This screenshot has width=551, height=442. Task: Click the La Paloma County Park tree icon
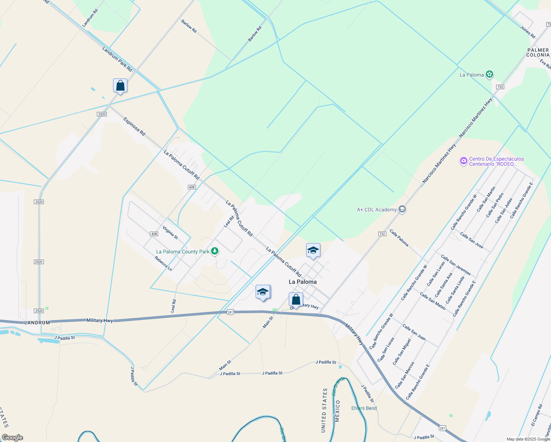(215, 252)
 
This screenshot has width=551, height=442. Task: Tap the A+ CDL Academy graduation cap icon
(402, 210)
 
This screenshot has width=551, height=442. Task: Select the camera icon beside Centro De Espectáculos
(464, 161)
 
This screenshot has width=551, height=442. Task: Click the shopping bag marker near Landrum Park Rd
(120, 86)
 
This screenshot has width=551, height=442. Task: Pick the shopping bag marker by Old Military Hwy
(296, 300)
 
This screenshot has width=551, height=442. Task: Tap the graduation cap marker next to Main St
(263, 292)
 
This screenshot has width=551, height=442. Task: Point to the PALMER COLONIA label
(538, 52)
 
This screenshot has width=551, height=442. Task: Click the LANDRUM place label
(37, 323)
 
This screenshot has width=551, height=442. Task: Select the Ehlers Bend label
(364, 408)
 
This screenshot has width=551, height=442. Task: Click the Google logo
(13, 438)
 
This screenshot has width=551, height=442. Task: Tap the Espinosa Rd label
(134, 126)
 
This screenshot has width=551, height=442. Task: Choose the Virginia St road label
(170, 232)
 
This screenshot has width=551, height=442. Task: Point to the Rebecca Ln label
(163, 263)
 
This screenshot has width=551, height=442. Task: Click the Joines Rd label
(528, 32)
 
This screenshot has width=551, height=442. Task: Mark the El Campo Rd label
(537, 415)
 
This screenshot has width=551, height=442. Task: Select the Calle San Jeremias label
(456, 265)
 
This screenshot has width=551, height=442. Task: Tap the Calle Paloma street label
(399, 238)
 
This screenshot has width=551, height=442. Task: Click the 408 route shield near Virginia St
(154, 234)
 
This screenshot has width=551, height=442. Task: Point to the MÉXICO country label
(337, 411)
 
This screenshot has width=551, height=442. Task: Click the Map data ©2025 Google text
(528, 439)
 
